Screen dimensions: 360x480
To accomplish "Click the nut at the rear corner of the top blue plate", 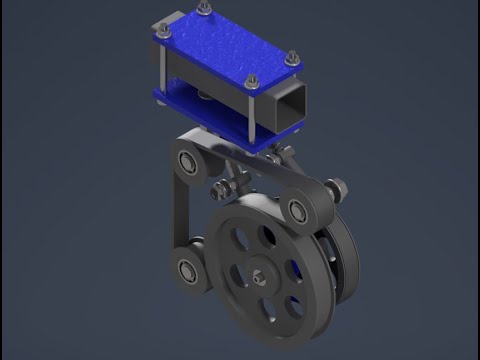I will click(205, 8).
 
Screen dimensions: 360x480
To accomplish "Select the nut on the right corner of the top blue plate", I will click(292, 58).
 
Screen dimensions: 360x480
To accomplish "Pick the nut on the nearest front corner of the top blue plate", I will click(251, 81).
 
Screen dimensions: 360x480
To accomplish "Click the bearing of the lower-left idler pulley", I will click(186, 268).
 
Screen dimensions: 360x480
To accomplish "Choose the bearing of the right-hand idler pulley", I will click(298, 209).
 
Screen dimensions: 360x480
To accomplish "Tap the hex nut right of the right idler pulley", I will click(336, 186).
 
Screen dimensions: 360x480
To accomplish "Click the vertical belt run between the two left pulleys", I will click(178, 215).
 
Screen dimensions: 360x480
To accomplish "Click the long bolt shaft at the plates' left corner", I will click(163, 70).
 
